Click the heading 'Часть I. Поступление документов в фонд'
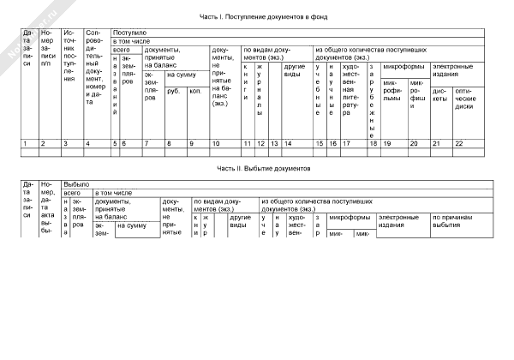[x=265, y=16]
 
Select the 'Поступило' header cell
[x=128, y=33]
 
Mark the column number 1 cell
[x=25, y=142]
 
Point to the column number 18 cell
[x=373, y=142]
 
